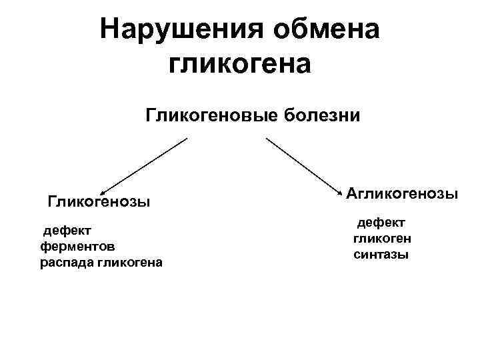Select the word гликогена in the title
point(240,64)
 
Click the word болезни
point(322,116)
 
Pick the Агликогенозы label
point(402,194)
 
